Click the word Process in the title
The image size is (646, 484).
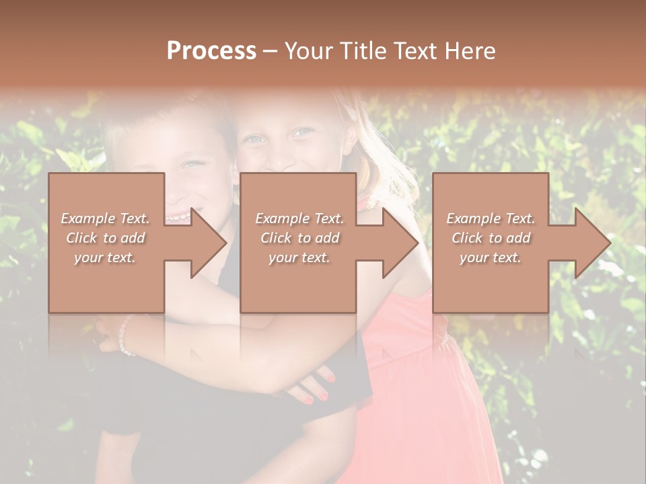tap(211, 51)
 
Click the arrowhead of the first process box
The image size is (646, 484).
tap(208, 243)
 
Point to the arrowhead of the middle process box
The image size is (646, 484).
tap(400, 243)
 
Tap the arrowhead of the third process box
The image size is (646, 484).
tap(591, 243)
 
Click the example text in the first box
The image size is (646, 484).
tap(105, 238)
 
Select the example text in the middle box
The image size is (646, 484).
tap(299, 238)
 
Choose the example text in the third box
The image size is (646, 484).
tap(491, 238)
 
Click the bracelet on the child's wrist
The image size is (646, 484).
tap(124, 336)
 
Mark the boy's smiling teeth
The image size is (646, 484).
tap(176, 216)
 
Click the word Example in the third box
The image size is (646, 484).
tap(472, 218)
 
